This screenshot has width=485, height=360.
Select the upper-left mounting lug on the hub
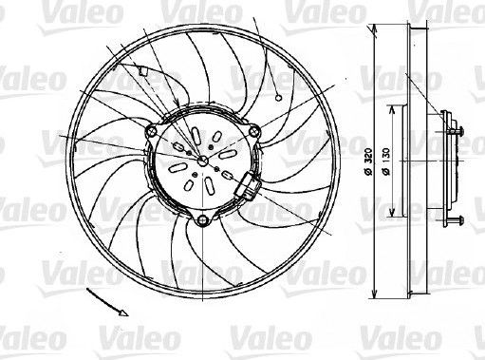click(x=151, y=129)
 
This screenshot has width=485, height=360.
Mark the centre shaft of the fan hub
click(x=202, y=162)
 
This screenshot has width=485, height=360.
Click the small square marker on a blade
click(x=143, y=70)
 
